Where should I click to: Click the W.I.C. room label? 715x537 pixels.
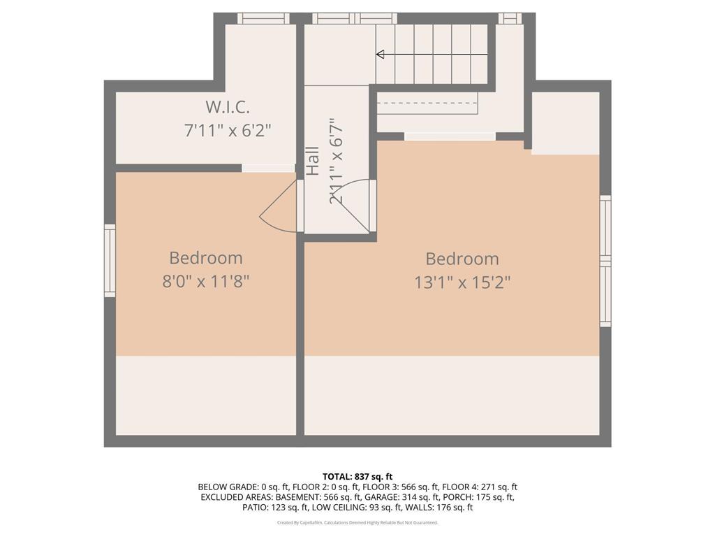coord(227,108)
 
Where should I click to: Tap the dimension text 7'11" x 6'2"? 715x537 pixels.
coord(227,131)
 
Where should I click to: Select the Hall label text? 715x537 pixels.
coord(313,161)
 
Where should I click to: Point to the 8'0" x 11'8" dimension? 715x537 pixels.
coord(205,282)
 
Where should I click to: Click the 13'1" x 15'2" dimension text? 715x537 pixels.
coord(462,282)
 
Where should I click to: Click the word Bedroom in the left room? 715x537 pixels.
coord(206,258)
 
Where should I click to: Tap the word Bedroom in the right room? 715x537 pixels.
coord(462,259)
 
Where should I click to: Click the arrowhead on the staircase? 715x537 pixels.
coord(381,54)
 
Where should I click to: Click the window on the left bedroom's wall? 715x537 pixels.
coord(110,260)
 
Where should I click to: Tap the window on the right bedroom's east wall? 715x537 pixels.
coord(605,261)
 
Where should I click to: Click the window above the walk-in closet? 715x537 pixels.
coord(263,18)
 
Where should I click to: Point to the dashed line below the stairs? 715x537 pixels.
coord(427,103)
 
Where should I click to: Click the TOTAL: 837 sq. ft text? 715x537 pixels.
coord(357,476)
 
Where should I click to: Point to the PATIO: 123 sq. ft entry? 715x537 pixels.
coord(274,507)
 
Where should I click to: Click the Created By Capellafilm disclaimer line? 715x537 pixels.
coord(357,522)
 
